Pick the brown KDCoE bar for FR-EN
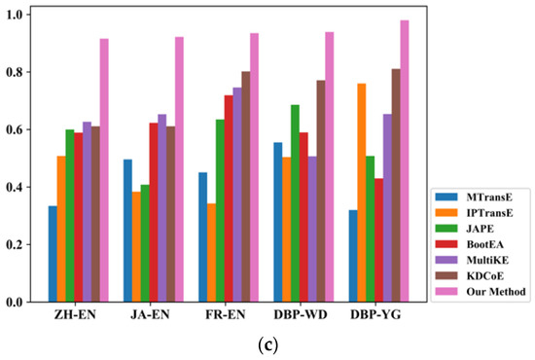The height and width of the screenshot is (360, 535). coord(245,186)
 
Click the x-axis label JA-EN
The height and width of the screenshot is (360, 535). coord(150,317)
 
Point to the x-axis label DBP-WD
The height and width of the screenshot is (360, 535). coord(302,317)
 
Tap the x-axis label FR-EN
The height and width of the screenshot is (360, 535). coord(225,317)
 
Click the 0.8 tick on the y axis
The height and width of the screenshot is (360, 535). coord(20,72)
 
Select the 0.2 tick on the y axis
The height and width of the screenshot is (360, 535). coord(20,244)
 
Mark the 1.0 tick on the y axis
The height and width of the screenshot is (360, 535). coord(20,15)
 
